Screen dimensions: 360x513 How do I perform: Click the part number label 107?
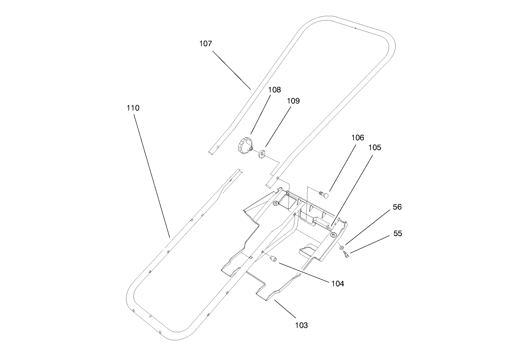click(206, 44)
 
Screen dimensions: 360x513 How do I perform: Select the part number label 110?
click(133, 108)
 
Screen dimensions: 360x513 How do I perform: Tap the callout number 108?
click(274, 90)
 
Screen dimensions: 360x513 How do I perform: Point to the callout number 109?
click(293, 101)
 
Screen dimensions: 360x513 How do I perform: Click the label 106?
click(358, 138)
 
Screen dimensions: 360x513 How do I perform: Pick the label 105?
click(374, 148)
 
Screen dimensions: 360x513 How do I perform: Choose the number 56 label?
click(398, 207)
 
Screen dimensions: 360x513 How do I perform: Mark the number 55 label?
click(398, 234)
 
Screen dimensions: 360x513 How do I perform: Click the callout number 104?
click(337, 283)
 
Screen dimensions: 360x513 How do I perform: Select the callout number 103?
click(301, 325)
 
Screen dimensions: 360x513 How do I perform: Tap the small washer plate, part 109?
click(262, 153)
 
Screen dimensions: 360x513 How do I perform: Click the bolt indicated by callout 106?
click(324, 194)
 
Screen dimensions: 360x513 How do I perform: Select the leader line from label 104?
click(304, 272)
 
